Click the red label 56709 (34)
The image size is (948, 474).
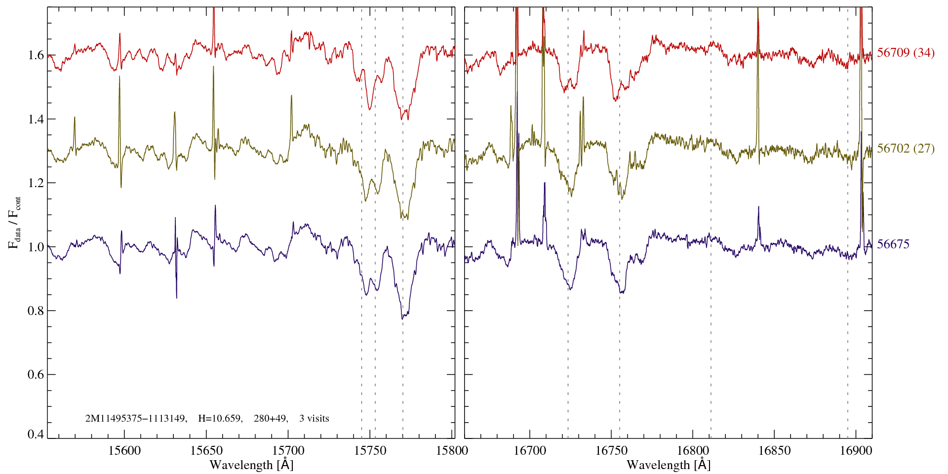[x=906, y=53]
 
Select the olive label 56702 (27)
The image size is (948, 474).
[x=906, y=149]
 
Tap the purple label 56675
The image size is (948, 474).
[x=893, y=244]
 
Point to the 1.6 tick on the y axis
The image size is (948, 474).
[x=36, y=55]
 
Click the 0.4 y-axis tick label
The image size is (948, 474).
[x=36, y=434]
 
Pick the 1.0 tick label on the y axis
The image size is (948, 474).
[x=36, y=247]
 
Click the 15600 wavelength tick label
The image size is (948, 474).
[x=125, y=450]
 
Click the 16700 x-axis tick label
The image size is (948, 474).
[x=530, y=450]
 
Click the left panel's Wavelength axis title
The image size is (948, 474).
[x=251, y=465]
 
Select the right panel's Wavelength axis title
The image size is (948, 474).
[x=669, y=465]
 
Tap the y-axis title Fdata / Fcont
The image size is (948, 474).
[x=15, y=222]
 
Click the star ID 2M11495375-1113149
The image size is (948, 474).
[x=136, y=419]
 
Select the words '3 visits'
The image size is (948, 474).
[x=314, y=419]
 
